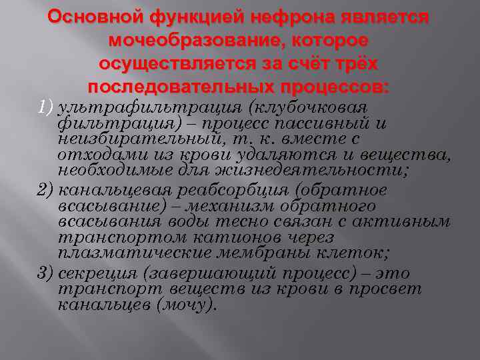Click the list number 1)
pos(45,107)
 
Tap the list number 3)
pos(45,273)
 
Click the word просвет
pos(389,289)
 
